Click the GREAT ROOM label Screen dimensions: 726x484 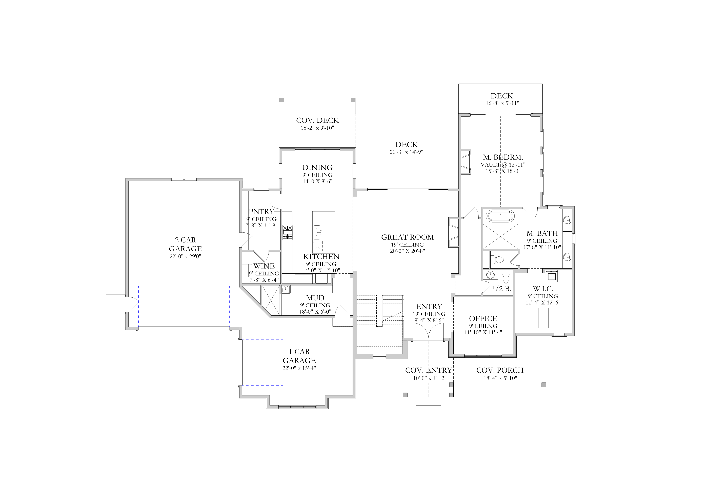click(x=407, y=237)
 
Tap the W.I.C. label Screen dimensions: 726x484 click(x=543, y=289)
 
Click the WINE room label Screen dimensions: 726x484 click(x=264, y=266)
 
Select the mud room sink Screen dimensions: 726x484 click(x=286, y=289)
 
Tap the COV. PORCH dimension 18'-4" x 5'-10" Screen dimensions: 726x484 click(x=500, y=378)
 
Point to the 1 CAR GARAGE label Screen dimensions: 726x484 click(x=299, y=356)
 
